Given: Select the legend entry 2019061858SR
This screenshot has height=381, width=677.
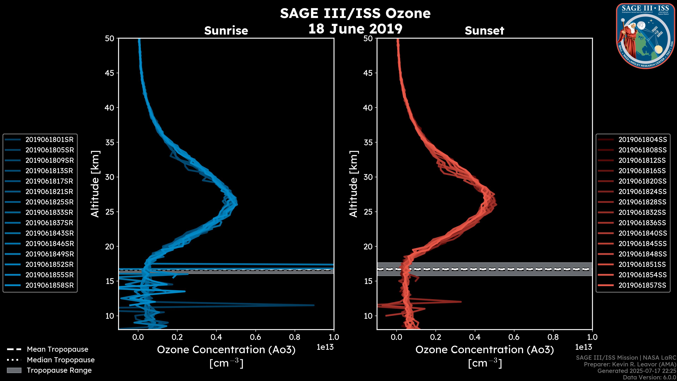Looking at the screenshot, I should click(x=49, y=285).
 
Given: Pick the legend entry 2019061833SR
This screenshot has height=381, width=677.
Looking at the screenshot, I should click(x=49, y=212).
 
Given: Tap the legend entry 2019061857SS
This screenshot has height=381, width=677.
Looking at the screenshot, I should click(x=642, y=285).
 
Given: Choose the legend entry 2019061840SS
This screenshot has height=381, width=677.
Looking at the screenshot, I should click(x=642, y=233).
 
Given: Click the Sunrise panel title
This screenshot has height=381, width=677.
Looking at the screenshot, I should click(x=226, y=31).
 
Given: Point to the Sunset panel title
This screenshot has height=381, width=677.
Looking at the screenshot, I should click(x=484, y=31).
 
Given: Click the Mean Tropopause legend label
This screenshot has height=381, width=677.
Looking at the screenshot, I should click(x=57, y=349).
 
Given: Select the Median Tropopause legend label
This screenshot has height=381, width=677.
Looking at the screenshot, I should click(x=61, y=360).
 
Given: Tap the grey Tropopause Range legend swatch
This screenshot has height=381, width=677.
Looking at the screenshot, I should click(x=14, y=370).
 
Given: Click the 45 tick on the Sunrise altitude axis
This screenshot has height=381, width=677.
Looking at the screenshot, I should click(x=110, y=73).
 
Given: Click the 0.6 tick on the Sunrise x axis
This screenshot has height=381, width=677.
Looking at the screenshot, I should click(x=255, y=337).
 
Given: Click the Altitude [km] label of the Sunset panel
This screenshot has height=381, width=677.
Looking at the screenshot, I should click(x=353, y=184).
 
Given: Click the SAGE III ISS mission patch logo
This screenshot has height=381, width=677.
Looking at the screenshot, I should click(x=645, y=36).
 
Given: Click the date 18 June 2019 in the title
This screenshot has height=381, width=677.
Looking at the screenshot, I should click(x=355, y=29).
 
